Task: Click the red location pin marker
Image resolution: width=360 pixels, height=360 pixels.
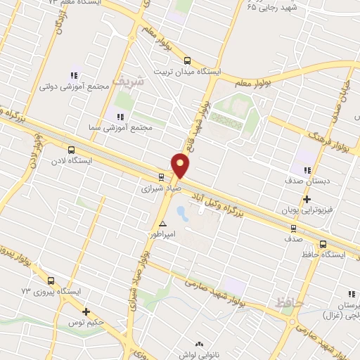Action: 181,165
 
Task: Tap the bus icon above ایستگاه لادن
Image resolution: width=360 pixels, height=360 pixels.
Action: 70,150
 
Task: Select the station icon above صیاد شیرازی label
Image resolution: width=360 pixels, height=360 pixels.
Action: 161,177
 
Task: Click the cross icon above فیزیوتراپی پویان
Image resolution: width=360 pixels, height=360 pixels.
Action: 307,199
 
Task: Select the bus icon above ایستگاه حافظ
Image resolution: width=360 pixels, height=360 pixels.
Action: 322,245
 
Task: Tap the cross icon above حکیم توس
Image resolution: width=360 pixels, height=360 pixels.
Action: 86,311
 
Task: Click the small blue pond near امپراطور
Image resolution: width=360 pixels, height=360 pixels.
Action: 180,211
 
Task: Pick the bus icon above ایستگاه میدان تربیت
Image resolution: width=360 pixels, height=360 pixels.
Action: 187,60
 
